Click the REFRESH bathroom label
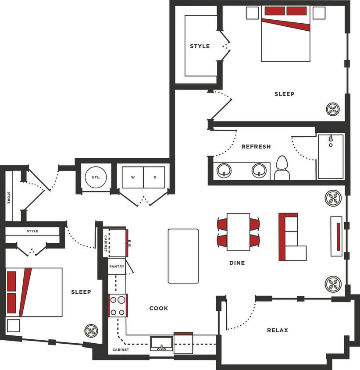click(x=256, y=146)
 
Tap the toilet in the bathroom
click(x=282, y=169)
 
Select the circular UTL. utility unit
click(x=93, y=177)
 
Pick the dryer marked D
click(x=154, y=178)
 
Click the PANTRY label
click(x=117, y=266)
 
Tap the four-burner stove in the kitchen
click(x=118, y=306)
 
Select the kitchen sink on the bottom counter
click(x=161, y=344)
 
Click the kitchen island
click(x=183, y=256)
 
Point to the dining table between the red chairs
click(x=238, y=232)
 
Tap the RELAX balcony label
click(x=278, y=330)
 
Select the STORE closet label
click(x=8, y=197)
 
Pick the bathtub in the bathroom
click(x=331, y=157)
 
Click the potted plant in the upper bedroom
click(x=333, y=108)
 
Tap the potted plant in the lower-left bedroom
click(x=91, y=331)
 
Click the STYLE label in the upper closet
click(x=200, y=46)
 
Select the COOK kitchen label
click(x=158, y=308)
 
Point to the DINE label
click(x=237, y=263)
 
